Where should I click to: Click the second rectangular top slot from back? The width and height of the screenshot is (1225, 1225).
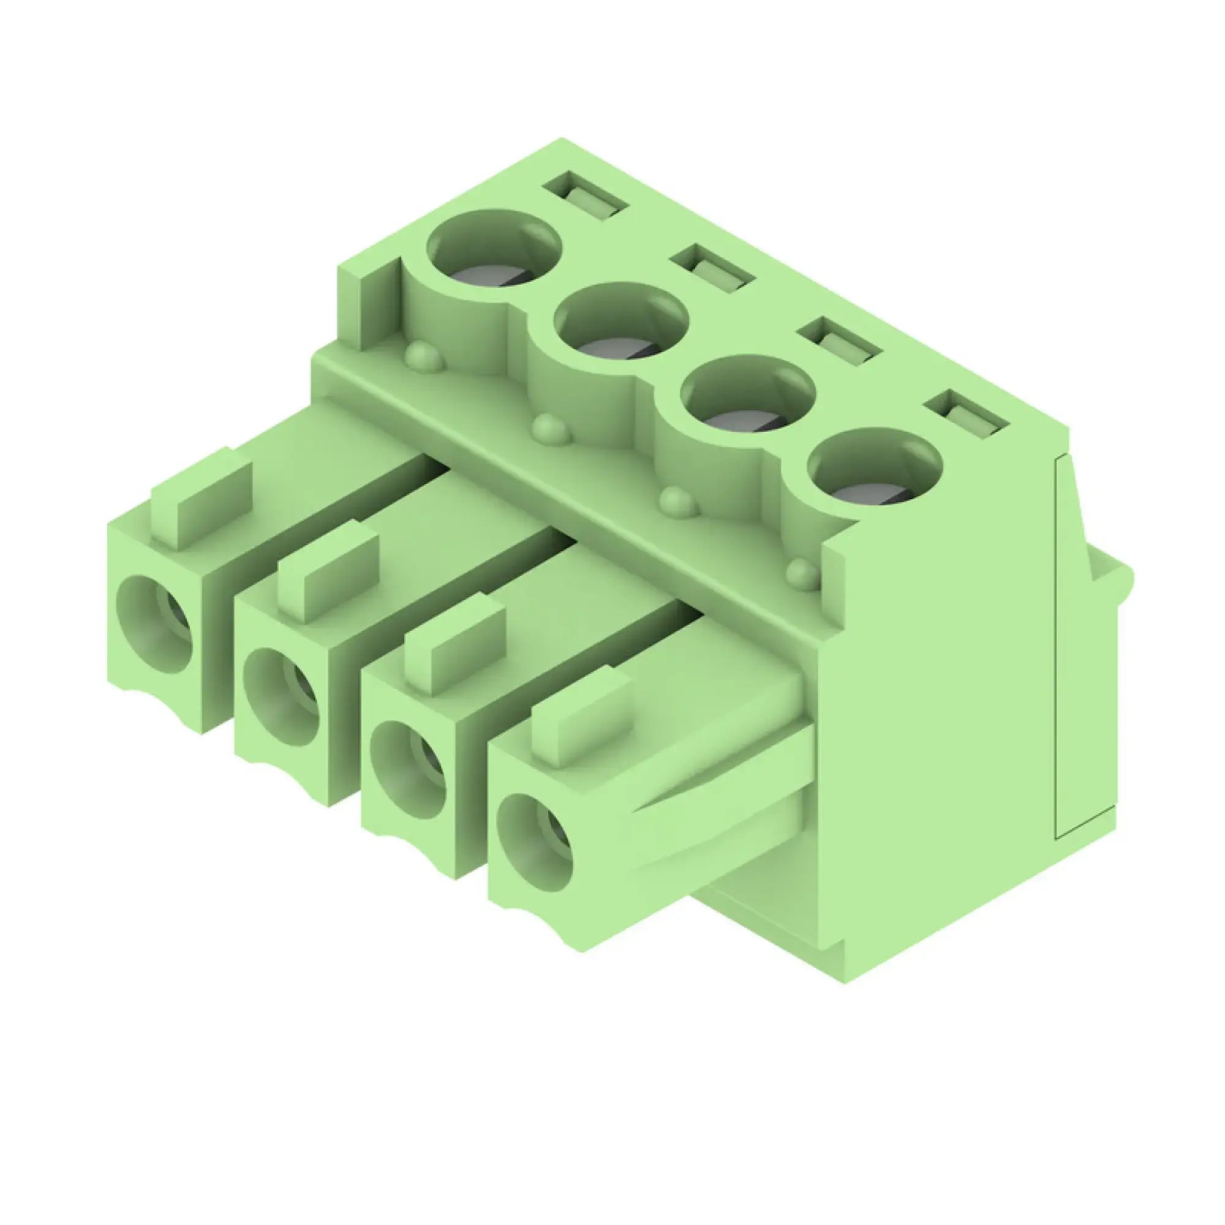coord(714,268)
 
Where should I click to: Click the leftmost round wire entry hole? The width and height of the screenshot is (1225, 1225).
coord(155,625)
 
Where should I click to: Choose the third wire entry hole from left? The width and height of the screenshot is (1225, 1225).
coord(409,770)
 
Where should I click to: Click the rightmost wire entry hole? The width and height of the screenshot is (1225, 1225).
coord(535,843)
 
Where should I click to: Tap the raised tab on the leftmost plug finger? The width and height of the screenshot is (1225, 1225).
coord(202,499)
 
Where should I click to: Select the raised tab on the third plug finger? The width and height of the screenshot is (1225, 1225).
coord(454,644)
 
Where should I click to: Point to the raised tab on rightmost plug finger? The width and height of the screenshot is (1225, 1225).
coord(582,717)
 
